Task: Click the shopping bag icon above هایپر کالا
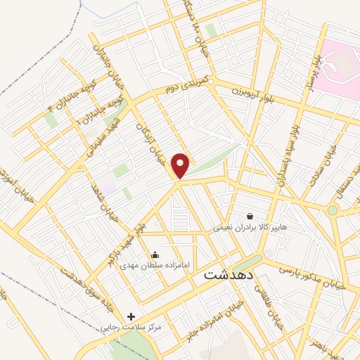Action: pyautogui.click(x=250, y=215)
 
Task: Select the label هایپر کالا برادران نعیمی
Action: pyautogui.click(x=251, y=228)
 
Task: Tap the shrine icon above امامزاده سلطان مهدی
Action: pyautogui.click(x=155, y=254)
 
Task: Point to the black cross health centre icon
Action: pyautogui.click(x=131, y=316)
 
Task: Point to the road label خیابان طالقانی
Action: pyautogui.click(x=261, y=304)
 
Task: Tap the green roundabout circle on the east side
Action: pyautogui.click(x=333, y=210)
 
